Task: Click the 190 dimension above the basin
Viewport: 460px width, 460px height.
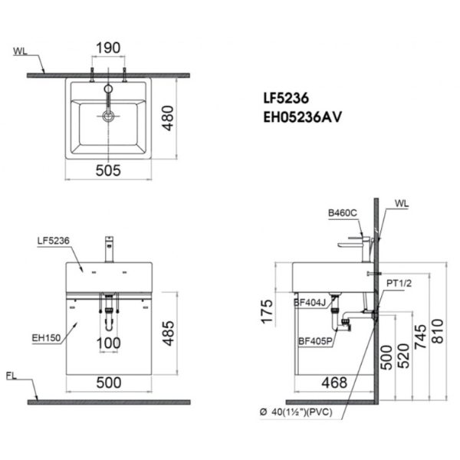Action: click(x=107, y=47)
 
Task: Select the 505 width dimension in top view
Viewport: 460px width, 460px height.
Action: click(x=107, y=172)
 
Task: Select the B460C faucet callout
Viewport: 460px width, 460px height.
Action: click(x=343, y=212)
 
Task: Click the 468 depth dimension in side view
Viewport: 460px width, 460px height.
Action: click(x=334, y=382)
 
